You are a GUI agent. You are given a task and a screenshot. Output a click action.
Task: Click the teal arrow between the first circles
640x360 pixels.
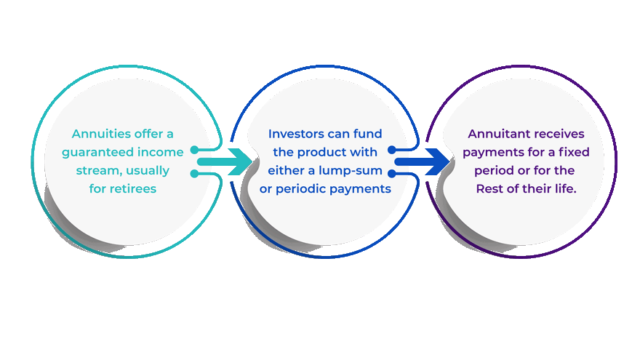tap(225, 161)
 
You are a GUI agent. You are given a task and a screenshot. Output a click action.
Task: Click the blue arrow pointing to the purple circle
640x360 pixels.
tap(422, 161)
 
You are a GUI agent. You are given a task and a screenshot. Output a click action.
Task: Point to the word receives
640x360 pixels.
tap(562, 134)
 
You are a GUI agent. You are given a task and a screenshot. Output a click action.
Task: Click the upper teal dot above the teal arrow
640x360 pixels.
tap(195, 150)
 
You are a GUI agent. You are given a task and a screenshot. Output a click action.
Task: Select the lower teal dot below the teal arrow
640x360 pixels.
tap(195, 174)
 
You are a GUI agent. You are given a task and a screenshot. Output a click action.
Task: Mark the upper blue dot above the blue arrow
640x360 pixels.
tap(392, 150)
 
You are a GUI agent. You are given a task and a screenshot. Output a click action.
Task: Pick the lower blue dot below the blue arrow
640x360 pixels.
tap(392, 174)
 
